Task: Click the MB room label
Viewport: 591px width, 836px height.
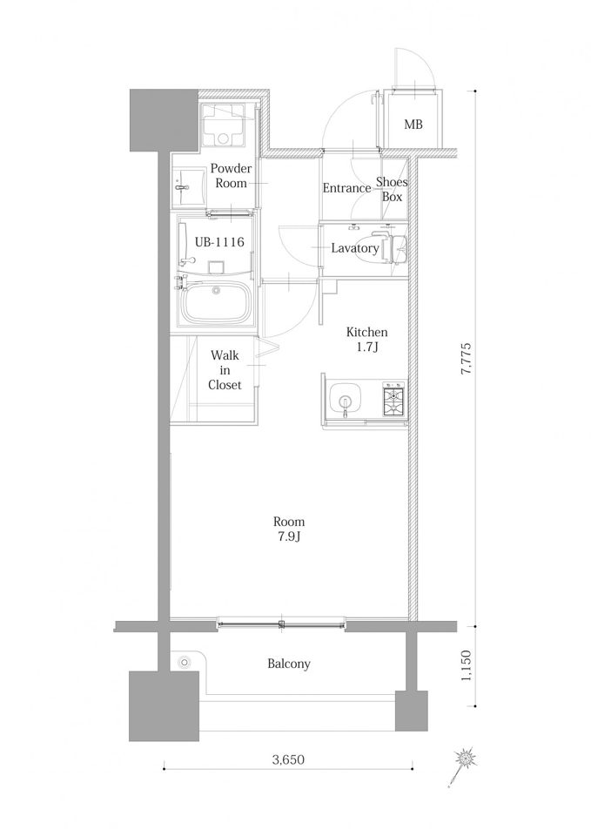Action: tap(413, 125)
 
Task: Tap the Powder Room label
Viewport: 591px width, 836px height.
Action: tap(231, 176)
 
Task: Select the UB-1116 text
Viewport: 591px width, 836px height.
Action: tap(219, 242)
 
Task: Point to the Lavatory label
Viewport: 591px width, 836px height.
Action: tap(355, 248)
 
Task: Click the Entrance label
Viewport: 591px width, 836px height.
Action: tap(346, 188)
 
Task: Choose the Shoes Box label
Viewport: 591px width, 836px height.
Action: tap(392, 189)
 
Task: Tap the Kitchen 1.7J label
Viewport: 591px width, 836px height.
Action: tap(366, 340)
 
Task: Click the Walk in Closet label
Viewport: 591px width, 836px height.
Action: tap(225, 370)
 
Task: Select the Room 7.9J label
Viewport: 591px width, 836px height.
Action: tap(289, 529)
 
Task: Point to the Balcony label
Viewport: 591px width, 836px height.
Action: tap(289, 664)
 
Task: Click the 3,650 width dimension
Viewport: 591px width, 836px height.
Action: tap(288, 759)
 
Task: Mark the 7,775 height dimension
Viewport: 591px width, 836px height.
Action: tap(466, 358)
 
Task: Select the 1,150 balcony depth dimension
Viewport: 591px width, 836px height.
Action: tap(466, 665)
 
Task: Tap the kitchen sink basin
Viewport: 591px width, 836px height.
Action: tap(346, 400)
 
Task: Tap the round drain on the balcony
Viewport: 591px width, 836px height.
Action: tap(185, 663)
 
